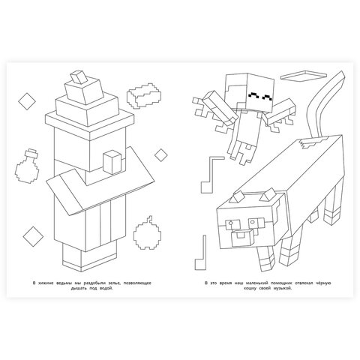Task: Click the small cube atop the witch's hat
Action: (79, 77)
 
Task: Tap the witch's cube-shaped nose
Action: (112, 162)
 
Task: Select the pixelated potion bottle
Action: (27, 166)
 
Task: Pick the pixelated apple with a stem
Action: (147, 233)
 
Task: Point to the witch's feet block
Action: (89, 257)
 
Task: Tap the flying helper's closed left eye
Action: (253, 95)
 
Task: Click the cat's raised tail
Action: (325, 105)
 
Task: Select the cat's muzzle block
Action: (242, 238)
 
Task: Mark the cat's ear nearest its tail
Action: (268, 195)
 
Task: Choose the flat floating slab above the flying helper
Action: (304, 76)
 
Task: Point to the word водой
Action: (107, 289)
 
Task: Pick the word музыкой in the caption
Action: (283, 289)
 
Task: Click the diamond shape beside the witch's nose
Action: (160, 155)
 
